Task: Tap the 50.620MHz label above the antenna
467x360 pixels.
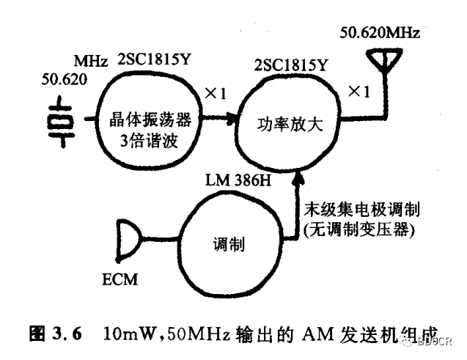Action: pos(381,33)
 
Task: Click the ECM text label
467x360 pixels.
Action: pos(118,279)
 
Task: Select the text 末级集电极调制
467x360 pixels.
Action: pos(356,210)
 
